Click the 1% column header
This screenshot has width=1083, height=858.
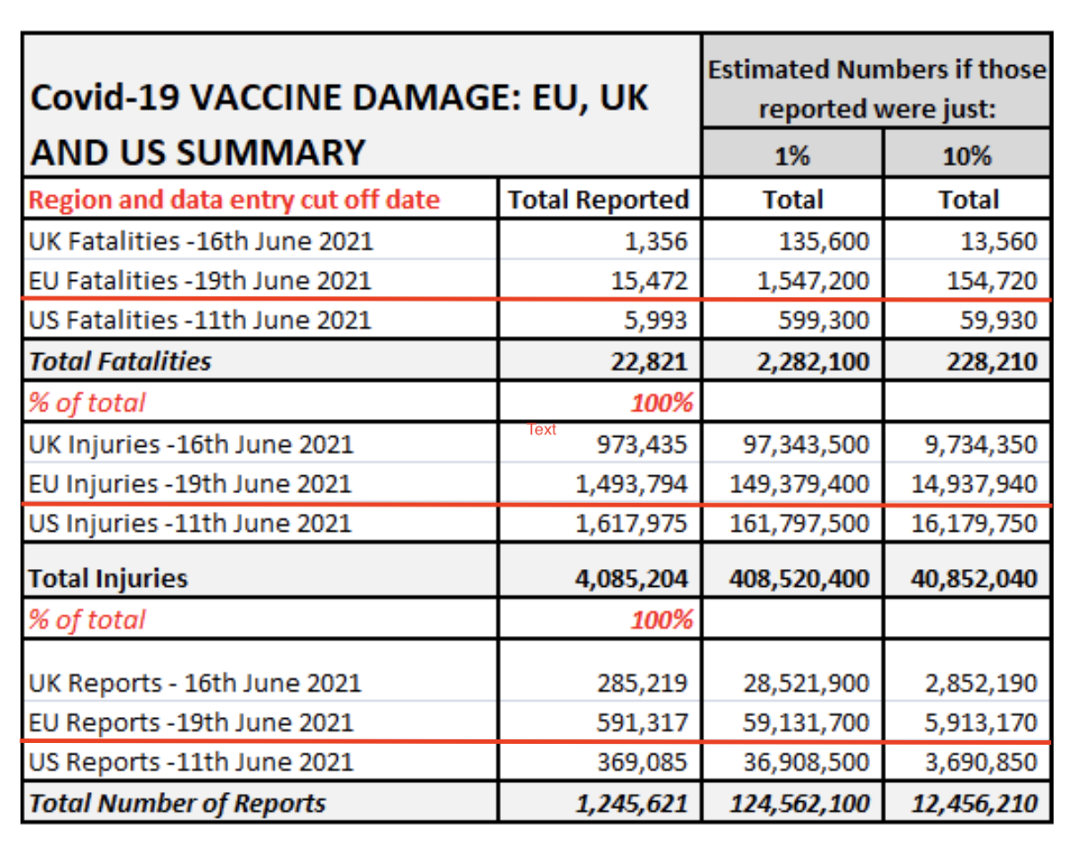coord(792,155)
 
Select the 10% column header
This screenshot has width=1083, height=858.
coord(967,155)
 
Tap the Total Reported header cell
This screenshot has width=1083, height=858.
coord(598,200)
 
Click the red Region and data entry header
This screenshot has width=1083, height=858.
coord(234,201)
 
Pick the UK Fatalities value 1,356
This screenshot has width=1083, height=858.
coord(656,241)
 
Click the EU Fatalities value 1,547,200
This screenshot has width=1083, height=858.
coord(813,280)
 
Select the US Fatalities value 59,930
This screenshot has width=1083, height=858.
coord(998,320)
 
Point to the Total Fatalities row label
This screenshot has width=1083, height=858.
coord(120,361)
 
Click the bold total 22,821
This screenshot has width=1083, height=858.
coord(649,361)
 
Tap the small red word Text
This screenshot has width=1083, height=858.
coord(542,430)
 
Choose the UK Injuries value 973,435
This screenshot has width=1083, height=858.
coord(642,445)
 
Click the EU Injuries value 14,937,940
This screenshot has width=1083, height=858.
coord(974,484)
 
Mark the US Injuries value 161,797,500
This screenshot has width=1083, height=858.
coord(800,524)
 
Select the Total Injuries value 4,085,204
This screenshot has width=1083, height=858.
coord(631,579)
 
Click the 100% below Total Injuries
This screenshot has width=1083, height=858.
coord(661,620)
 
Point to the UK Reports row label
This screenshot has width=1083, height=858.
coord(194,684)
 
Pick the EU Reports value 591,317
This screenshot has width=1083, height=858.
coord(642,722)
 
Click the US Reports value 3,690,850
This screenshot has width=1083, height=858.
coord(981,762)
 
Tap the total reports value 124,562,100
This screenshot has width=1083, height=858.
coord(800,804)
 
